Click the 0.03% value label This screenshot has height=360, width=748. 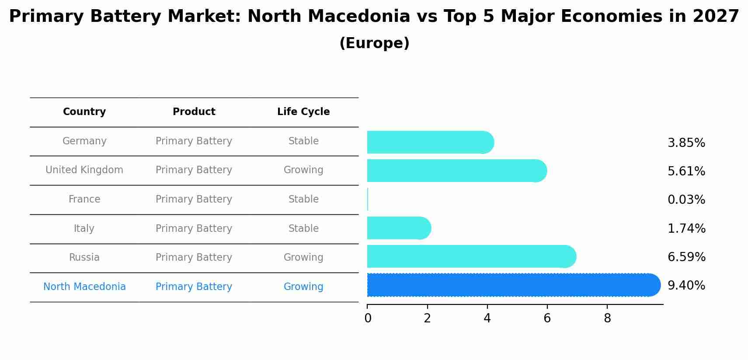click(686, 200)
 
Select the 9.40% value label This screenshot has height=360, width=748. click(686, 286)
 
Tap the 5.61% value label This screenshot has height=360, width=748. click(686, 171)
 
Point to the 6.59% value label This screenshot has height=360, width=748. click(686, 257)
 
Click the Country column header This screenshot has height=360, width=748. click(84, 112)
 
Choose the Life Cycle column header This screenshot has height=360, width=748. click(303, 112)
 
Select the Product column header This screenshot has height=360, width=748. click(194, 112)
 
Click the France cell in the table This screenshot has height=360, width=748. click(84, 199)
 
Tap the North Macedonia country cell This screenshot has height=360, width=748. click(84, 287)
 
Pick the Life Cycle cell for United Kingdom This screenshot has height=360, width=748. click(303, 170)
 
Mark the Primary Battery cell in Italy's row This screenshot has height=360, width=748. click(194, 228)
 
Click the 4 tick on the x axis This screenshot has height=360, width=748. click(487, 318)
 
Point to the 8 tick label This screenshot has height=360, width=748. click(607, 318)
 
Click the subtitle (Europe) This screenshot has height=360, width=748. click(374, 43)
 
